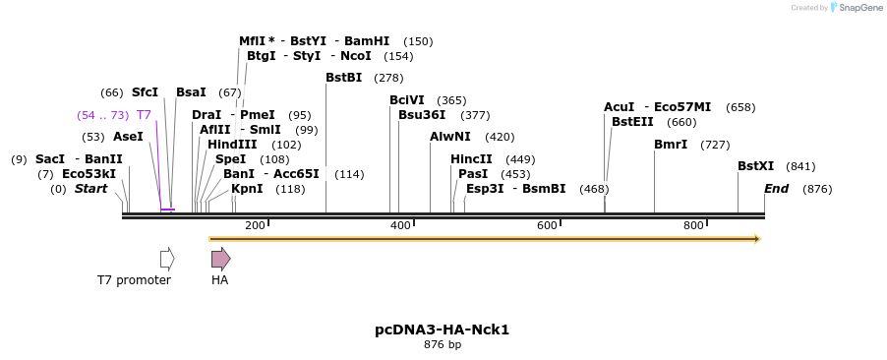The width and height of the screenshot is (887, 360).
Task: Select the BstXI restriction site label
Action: coord(755,166)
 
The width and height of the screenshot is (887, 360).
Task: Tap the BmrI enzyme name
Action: coord(671,145)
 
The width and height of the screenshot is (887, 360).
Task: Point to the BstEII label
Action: coord(632,122)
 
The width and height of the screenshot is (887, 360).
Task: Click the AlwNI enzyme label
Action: coord(450,137)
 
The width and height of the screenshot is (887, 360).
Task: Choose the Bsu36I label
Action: coord(422,115)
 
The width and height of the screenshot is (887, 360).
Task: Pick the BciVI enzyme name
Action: coord(407,100)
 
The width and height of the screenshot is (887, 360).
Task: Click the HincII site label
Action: coord(471,159)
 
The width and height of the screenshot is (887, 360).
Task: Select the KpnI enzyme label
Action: coord(247,189)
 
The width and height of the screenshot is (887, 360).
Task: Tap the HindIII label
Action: coord(232,145)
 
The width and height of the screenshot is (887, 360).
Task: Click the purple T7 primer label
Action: coord(144,115)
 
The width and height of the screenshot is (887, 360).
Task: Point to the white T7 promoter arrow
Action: coord(167,259)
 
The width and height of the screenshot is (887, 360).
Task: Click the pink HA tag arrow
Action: coord(220,259)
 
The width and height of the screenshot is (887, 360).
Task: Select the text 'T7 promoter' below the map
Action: coord(134,280)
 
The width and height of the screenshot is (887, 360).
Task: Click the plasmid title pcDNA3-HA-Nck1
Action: coord(442,330)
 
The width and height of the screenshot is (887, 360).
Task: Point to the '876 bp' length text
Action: coord(442,345)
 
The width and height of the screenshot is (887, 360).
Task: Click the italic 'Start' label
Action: coord(90,189)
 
